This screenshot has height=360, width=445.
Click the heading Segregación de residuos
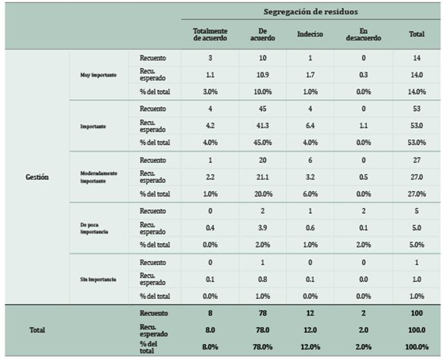coord(310,12)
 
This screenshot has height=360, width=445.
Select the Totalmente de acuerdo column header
coord(210,34)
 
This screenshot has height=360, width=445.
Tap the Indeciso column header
coord(310,34)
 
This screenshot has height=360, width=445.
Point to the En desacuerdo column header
coord(363,34)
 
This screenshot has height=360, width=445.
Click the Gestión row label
coord(37,177)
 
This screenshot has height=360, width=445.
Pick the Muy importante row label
coord(98,75)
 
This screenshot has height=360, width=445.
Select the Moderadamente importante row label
coord(99,177)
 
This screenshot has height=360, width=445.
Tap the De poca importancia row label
coord(94,228)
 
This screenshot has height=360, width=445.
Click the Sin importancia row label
coord(98,279)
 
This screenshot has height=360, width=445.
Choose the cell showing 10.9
coord(263,75)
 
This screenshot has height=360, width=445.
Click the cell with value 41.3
coord(263,126)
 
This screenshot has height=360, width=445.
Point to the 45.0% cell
coord(263,142)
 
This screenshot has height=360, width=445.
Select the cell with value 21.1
coord(263,177)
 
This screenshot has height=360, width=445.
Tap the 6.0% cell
coord(310,194)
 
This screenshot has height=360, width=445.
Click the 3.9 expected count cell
coord(263,228)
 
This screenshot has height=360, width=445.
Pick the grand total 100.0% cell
coord(417,347)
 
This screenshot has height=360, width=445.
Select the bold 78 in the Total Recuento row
coord(263,313)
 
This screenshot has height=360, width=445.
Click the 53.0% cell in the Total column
coord(417,142)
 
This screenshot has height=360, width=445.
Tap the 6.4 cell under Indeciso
coord(310,126)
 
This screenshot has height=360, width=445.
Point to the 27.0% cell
coord(417,194)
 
